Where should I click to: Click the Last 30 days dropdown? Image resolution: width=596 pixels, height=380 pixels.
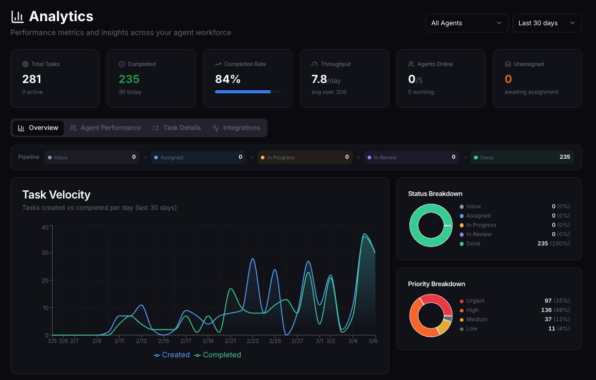(x=547, y=23)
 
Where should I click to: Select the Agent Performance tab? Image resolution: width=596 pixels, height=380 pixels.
(x=106, y=128)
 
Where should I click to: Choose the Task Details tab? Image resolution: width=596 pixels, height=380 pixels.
(x=176, y=128)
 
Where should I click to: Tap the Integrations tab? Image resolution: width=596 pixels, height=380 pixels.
(x=236, y=128)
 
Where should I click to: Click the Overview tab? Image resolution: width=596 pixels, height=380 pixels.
(x=38, y=128)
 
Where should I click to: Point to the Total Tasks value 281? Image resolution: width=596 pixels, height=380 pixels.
(x=31, y=79)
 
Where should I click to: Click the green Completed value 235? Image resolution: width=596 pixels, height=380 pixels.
(x=129, y=79)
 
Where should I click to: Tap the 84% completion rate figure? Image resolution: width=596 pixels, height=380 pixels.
(x=228, y=79)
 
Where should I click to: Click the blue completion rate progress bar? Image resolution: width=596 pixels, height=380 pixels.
(x=242, y=92)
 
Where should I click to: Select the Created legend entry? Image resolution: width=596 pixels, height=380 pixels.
(x=172, y=355)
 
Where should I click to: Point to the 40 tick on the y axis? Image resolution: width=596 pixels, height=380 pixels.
(x=45, y=227)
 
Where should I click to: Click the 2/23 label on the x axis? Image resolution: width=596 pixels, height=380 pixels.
(x=253, y=341)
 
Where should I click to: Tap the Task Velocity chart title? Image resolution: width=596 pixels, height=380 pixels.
(x=56, y=194)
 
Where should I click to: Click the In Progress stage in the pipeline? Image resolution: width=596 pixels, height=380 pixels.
(x=305, y=157)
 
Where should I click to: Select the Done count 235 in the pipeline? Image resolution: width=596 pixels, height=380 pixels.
(x=565, y=157)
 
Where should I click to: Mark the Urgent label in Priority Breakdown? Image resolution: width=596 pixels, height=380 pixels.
(x=475, y=301)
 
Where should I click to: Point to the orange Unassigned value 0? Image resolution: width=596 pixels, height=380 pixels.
(x=508, y=79)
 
